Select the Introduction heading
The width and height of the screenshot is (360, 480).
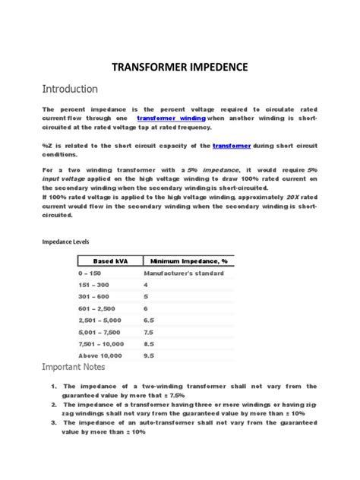pos(71,89)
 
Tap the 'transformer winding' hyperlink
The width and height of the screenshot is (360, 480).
pos(171,118)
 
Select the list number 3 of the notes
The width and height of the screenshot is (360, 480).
pos(55,423)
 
